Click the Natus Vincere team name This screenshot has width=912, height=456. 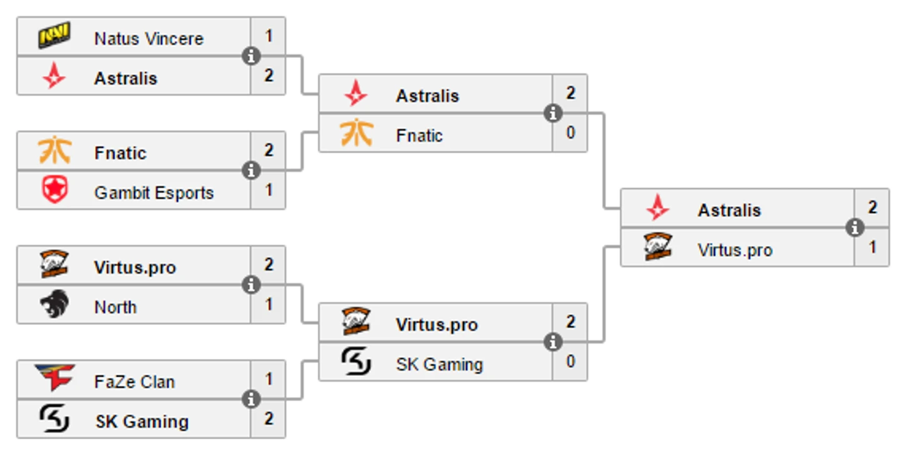click(149, 39)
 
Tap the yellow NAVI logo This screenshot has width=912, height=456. click(54, 36)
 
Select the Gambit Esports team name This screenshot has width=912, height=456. click(154, 193)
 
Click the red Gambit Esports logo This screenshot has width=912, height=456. click(54, 190)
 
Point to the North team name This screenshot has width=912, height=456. click(116, 307)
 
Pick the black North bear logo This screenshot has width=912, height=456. click(54, 304)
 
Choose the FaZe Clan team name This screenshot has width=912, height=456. click(134, 382)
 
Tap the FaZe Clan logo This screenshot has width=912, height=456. click(54, 378)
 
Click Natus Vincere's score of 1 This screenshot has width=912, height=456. click(269, 36)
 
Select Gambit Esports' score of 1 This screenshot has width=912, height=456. click(269, 190)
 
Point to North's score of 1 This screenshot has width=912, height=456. click(269, 304)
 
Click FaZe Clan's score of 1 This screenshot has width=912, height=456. click(269, 379)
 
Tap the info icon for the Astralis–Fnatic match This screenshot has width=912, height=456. click(552, 114)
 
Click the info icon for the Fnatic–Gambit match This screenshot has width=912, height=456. click(251, 170)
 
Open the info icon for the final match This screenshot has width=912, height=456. click(855, 228)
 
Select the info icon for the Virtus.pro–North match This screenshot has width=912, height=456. click(251, 285)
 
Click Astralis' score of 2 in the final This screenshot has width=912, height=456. click(872, 207)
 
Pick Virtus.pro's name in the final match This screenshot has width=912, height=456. click(735, 250)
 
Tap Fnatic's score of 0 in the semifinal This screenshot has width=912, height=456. click(570, 133)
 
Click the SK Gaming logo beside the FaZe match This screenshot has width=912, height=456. click(54, 419)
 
